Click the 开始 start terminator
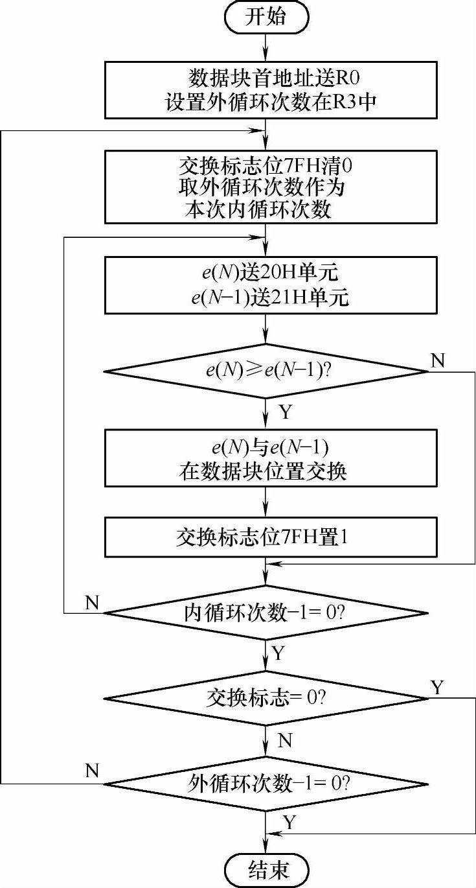266,18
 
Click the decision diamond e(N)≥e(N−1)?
266,372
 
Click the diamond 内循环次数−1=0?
266,613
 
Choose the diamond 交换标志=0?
266,698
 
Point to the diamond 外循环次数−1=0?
266,784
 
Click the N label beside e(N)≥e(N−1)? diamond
438,360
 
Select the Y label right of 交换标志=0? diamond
438,687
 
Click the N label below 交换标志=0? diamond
284,740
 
